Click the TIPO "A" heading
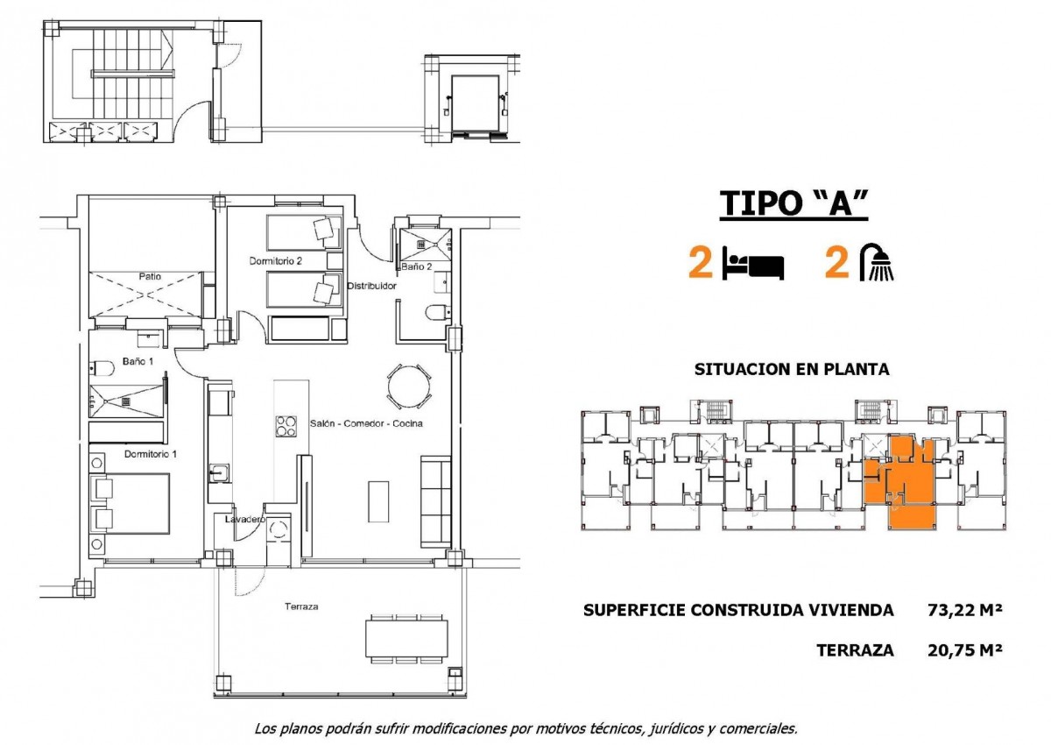pos(794,203)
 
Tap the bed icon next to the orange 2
pos(752,264)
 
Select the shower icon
pos(877,262)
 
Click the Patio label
pos(150,276)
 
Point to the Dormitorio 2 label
pos(275,261)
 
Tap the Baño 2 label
pos(416,266)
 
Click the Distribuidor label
pos(371,286)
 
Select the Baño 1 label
pos(138,361)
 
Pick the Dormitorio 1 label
pos(151,454)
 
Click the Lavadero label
pos(245,519)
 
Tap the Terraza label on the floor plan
pos(301,607)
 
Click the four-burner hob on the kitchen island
pos(286,426)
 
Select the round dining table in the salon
pos(409,387)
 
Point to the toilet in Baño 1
pos(102,368)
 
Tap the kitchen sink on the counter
pos(219,473)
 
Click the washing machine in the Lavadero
pos(279,530)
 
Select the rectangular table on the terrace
pos(406,638)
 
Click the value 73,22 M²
pos(965,610)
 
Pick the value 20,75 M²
pos(965,650)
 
